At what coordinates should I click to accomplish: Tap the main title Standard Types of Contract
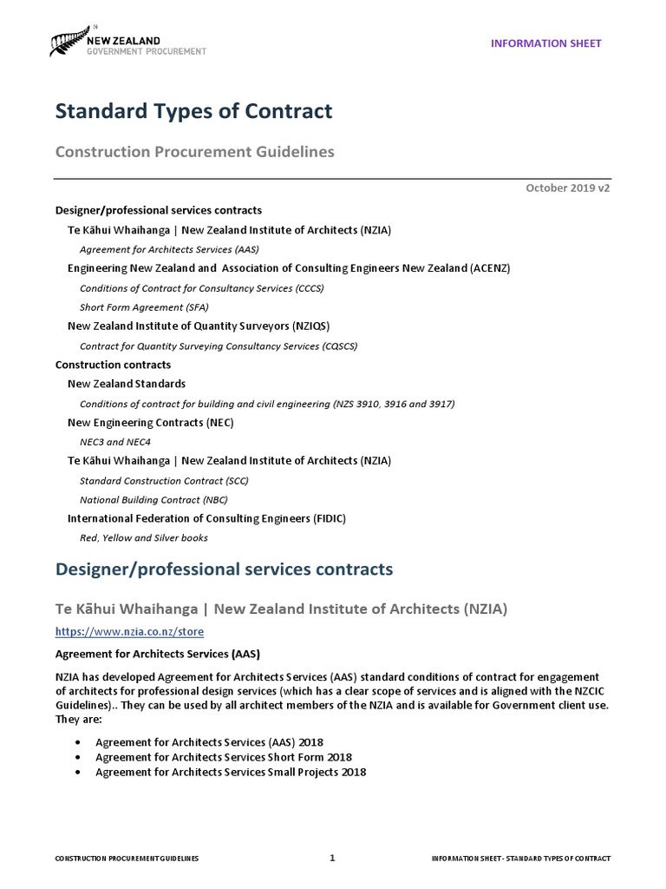point(193,111)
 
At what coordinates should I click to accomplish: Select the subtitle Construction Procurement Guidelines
point(194,152)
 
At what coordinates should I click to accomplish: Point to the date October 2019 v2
point(567,188)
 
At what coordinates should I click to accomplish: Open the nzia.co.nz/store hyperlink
point(130,631)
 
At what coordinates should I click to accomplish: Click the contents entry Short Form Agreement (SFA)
point(144,306)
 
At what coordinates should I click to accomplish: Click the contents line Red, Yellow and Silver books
point(143,537)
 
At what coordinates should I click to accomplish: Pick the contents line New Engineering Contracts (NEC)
point(151,422)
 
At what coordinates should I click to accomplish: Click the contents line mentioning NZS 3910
point(267,403)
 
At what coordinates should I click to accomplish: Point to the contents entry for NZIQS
point(199,326)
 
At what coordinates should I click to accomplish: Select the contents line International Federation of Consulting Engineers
point(206,518)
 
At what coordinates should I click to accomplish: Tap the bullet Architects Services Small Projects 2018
point(230,772)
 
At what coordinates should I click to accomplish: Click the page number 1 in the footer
point(332,858)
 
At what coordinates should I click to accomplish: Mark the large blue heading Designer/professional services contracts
point(224,570)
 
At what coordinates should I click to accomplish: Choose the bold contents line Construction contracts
point(113,365)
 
